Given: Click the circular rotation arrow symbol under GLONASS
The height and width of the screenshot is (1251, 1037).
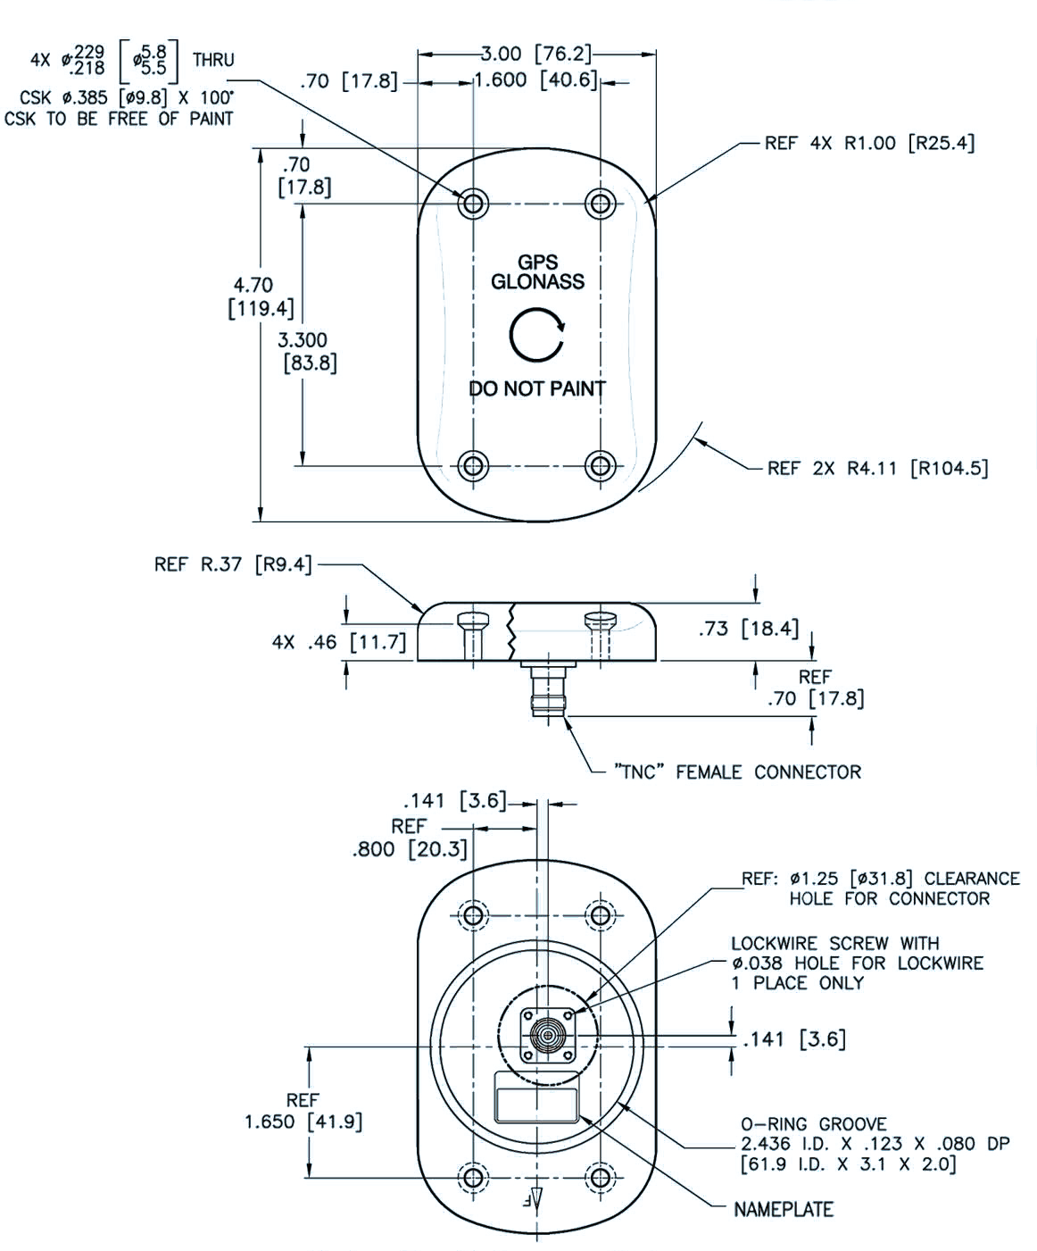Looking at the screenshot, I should pos(537,336).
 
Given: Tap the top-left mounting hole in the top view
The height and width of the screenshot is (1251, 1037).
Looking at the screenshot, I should pos(473,204).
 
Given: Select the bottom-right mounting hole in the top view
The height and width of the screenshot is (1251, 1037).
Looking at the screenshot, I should pos(601,464).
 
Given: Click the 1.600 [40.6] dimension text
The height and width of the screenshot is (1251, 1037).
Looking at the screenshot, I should pos(535,80).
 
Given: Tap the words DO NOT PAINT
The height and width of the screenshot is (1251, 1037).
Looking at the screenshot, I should pos(537,388).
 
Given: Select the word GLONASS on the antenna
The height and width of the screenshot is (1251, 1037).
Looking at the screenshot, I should pos(537,282).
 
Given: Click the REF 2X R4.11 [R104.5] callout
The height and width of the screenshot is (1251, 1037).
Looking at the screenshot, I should pos(877,468).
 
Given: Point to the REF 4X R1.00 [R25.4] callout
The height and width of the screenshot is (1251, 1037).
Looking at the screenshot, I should pos(869,143).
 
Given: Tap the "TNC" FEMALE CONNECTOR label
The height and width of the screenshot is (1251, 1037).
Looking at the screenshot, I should pos(737,771).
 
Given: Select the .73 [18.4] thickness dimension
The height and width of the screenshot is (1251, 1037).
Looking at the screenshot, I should pos(748,629).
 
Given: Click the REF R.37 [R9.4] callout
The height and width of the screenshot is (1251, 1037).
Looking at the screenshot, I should pos(233,564).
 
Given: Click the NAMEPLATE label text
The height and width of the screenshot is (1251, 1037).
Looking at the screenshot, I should pos(783,1209).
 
